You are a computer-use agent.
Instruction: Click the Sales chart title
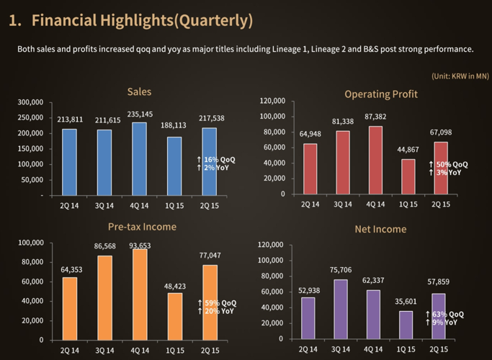(139, 92)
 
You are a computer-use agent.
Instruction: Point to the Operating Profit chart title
(381, 94)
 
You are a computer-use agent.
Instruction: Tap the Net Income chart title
(380, 229)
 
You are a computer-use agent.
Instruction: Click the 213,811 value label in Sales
(71, 120)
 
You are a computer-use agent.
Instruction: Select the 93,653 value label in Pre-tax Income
(140, 246)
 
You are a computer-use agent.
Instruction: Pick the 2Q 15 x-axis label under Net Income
(440, 349)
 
